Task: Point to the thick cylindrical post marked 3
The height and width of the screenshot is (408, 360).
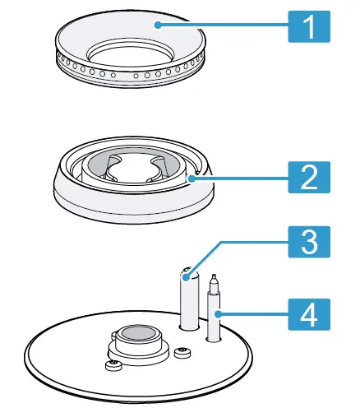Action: tap(187, 300)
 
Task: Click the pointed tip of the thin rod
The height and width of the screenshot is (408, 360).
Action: tap(214, 278)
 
